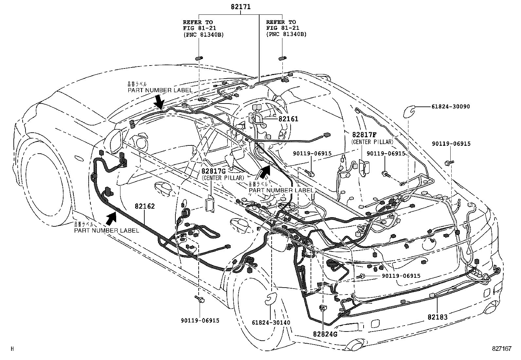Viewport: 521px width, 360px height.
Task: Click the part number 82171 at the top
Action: [x=241, y=6]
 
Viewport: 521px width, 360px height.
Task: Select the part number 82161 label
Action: [x=288, y=119]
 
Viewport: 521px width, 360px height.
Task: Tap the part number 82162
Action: [x=145, y=206]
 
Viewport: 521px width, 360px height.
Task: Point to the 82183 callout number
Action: [x=437, y=317]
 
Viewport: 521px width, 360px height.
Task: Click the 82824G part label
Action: [x=325, y=334]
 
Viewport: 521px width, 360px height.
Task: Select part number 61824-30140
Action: [x=271, y=322]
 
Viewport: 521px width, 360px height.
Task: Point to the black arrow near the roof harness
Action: [x=159, y=102]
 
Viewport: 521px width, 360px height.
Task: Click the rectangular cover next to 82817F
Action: [x=363, y=168]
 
